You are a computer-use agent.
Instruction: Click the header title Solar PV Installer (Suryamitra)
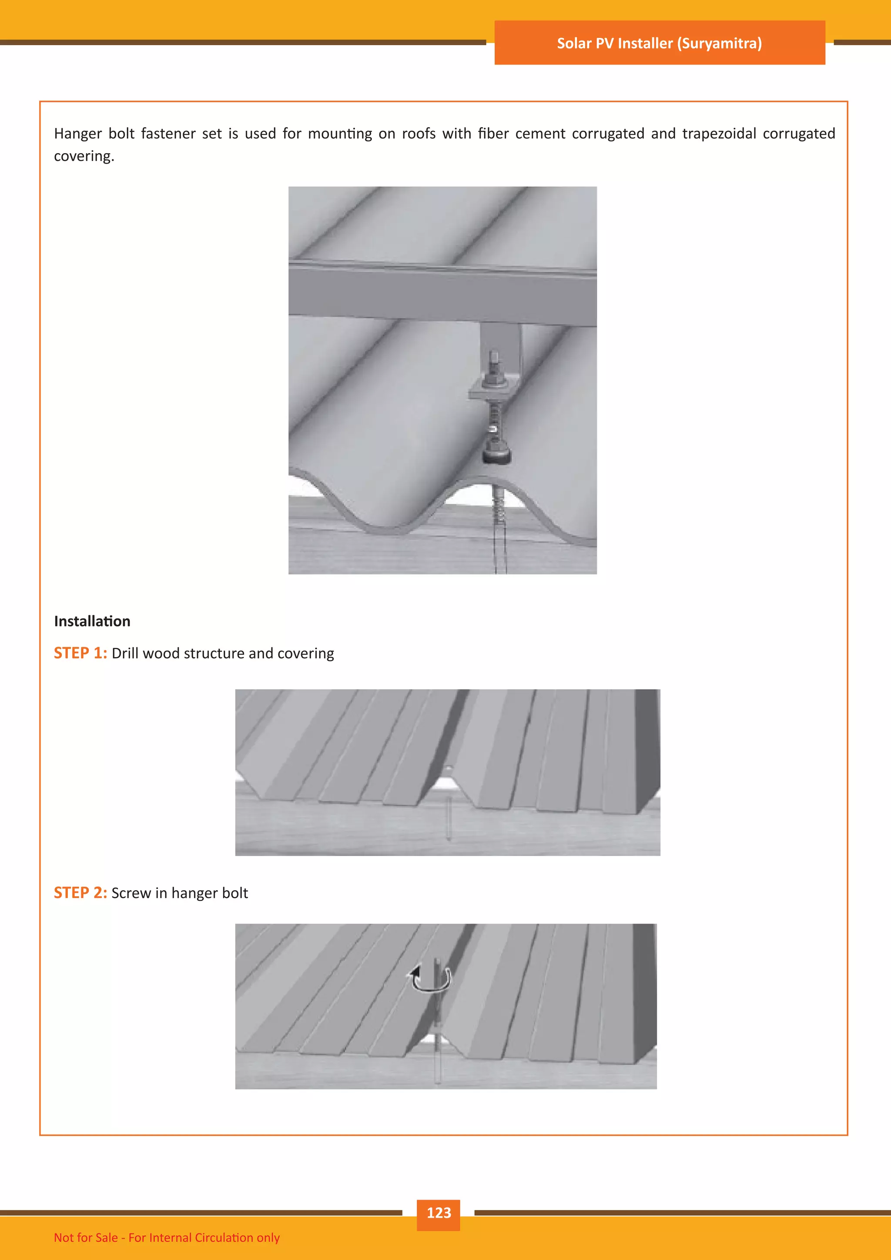[x=659, y=44]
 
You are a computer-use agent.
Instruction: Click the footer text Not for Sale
[x=86, y=1237]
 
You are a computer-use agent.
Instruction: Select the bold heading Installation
[x=92, y=621]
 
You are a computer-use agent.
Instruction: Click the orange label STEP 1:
[x=80, y=653]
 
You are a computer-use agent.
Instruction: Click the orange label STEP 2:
[x=80, y=893]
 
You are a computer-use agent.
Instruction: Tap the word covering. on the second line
[x=84, y=156]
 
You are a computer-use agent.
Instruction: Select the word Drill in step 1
[x=124, y=653]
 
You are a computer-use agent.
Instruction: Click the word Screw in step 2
[x=131, y=893]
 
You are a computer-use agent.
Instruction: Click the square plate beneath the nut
[x=492, y=391]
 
